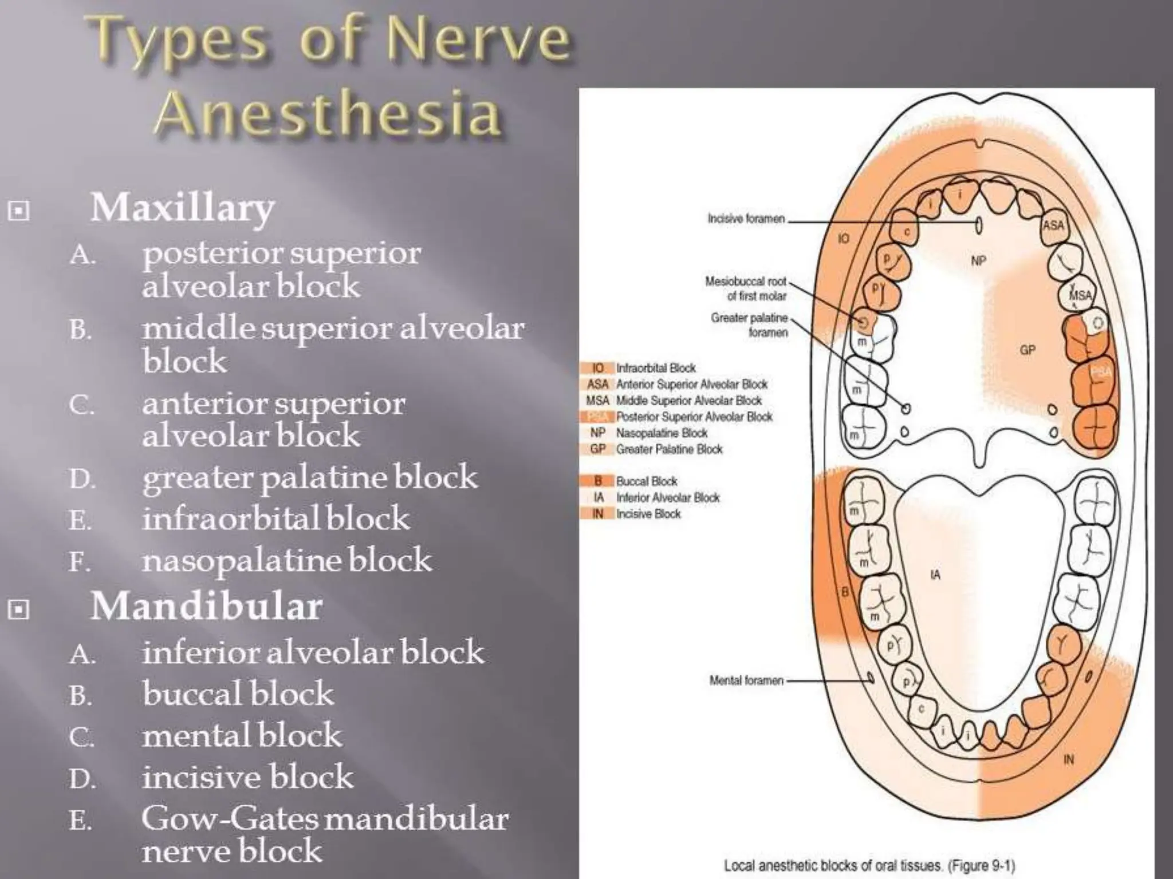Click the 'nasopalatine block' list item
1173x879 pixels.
286,561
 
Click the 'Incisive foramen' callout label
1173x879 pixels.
746,219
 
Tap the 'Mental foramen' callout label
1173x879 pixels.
746,680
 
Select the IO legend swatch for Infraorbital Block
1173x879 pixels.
597,368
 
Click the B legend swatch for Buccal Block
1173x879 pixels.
597,481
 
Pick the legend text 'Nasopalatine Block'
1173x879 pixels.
662,433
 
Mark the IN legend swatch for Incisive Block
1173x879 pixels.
597,514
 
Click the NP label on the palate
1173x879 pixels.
978,261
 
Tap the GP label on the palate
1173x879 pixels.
1027,350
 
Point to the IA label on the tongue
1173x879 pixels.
935,575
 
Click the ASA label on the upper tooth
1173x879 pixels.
1053,225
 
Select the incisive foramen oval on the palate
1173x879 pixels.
978,226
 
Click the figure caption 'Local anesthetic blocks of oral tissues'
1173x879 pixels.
869,865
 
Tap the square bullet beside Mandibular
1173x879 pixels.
19,611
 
